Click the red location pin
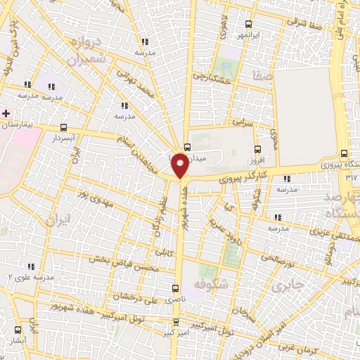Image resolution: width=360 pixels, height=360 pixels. click(181, 166)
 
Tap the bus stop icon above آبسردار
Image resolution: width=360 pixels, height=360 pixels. click(65, 128)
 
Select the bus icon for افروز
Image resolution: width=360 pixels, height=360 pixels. click(257, 149)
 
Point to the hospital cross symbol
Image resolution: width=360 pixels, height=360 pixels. click(6, 113)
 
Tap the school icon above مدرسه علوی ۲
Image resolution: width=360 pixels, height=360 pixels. click(31, 266)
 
